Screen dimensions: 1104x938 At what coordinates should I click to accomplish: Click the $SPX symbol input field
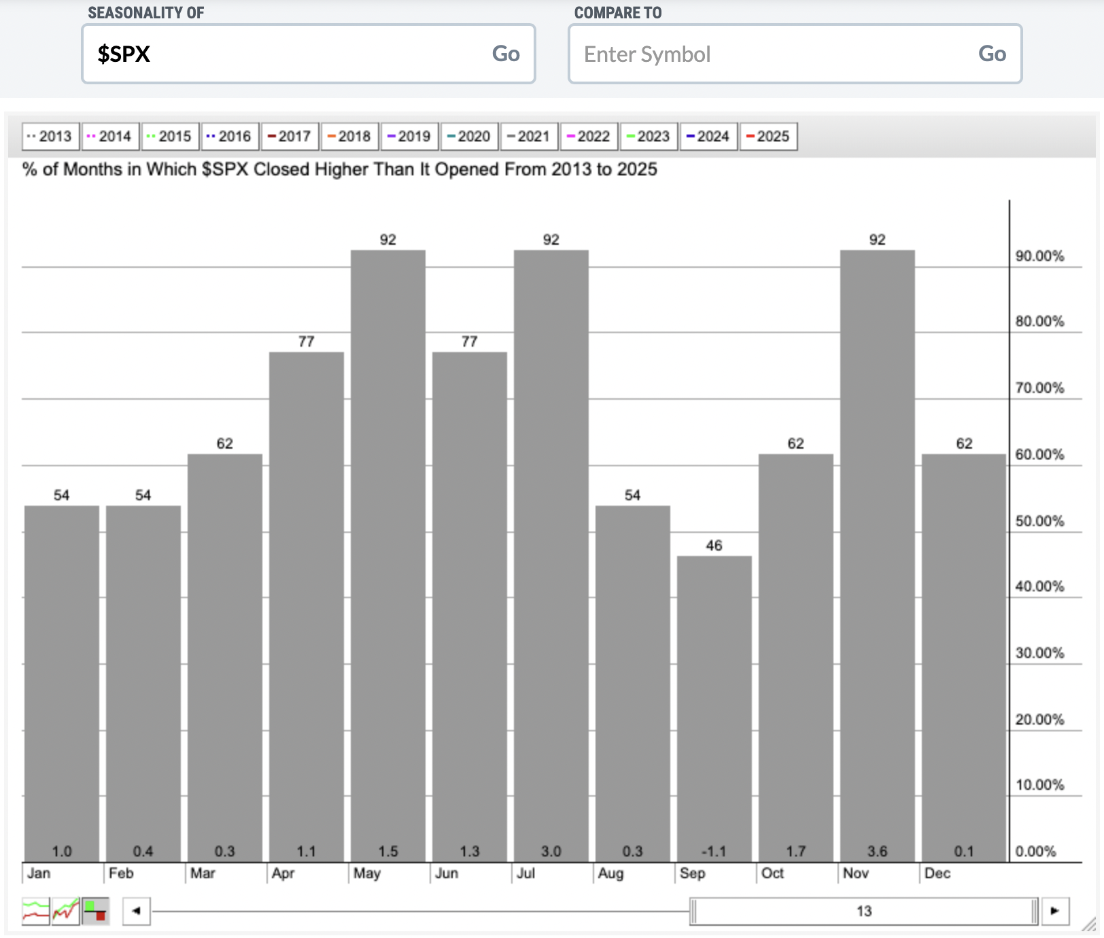click(x=286, y=54)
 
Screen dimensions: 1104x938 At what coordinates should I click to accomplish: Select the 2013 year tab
click(x=50, y=136)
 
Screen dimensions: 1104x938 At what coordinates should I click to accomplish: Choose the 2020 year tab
click(x=469, y=136)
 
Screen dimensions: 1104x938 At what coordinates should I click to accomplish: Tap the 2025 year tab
click(x=768, y=136)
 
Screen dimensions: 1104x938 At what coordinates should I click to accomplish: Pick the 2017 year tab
click(x=290, y=136)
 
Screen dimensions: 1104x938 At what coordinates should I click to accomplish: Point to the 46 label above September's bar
click(x=714, y=545)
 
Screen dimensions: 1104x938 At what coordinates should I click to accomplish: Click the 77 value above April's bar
click(x=306, y=341)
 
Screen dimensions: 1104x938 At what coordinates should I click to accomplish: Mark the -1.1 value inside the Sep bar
click(x=714, y=851)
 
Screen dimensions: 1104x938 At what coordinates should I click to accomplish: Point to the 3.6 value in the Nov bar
click(x=877, y=851)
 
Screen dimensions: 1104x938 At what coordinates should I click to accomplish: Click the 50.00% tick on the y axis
click(x=1039, y=521)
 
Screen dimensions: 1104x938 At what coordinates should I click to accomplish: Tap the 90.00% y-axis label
click(x=1039, y=256)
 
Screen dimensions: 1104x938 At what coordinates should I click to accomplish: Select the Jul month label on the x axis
click(x=525, y=873)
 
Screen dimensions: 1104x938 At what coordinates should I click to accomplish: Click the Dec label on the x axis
click(x=937, y=873)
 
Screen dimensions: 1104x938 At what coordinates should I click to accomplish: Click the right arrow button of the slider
click(x=1054, y=911)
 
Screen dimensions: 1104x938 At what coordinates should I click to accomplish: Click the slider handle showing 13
click(x=864, y=911)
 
